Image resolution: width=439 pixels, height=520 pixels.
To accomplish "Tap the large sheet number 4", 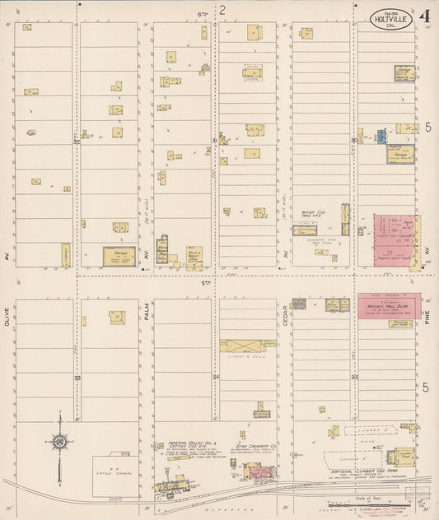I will (423, 16).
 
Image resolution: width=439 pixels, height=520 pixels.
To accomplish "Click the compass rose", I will (60, 443).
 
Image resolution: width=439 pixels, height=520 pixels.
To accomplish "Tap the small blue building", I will (381, 136).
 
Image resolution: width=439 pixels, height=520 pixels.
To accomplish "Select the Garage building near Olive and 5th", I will (119, 257).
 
